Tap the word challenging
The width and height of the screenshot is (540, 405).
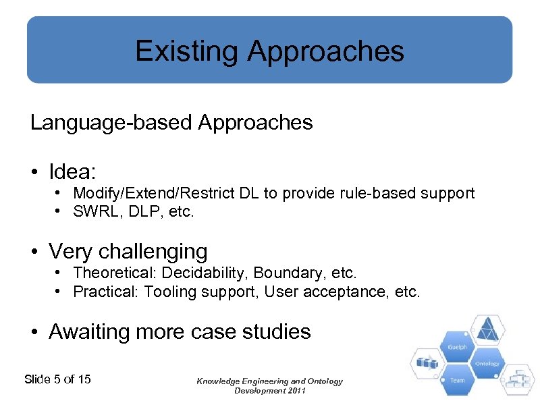pos(153,252)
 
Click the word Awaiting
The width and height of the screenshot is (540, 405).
pos(90,331)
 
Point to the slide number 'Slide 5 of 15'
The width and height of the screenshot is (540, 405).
pos(57,379)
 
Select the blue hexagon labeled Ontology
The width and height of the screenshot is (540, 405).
pos(487,363)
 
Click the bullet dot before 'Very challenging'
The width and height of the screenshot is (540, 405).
pos(35,252)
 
